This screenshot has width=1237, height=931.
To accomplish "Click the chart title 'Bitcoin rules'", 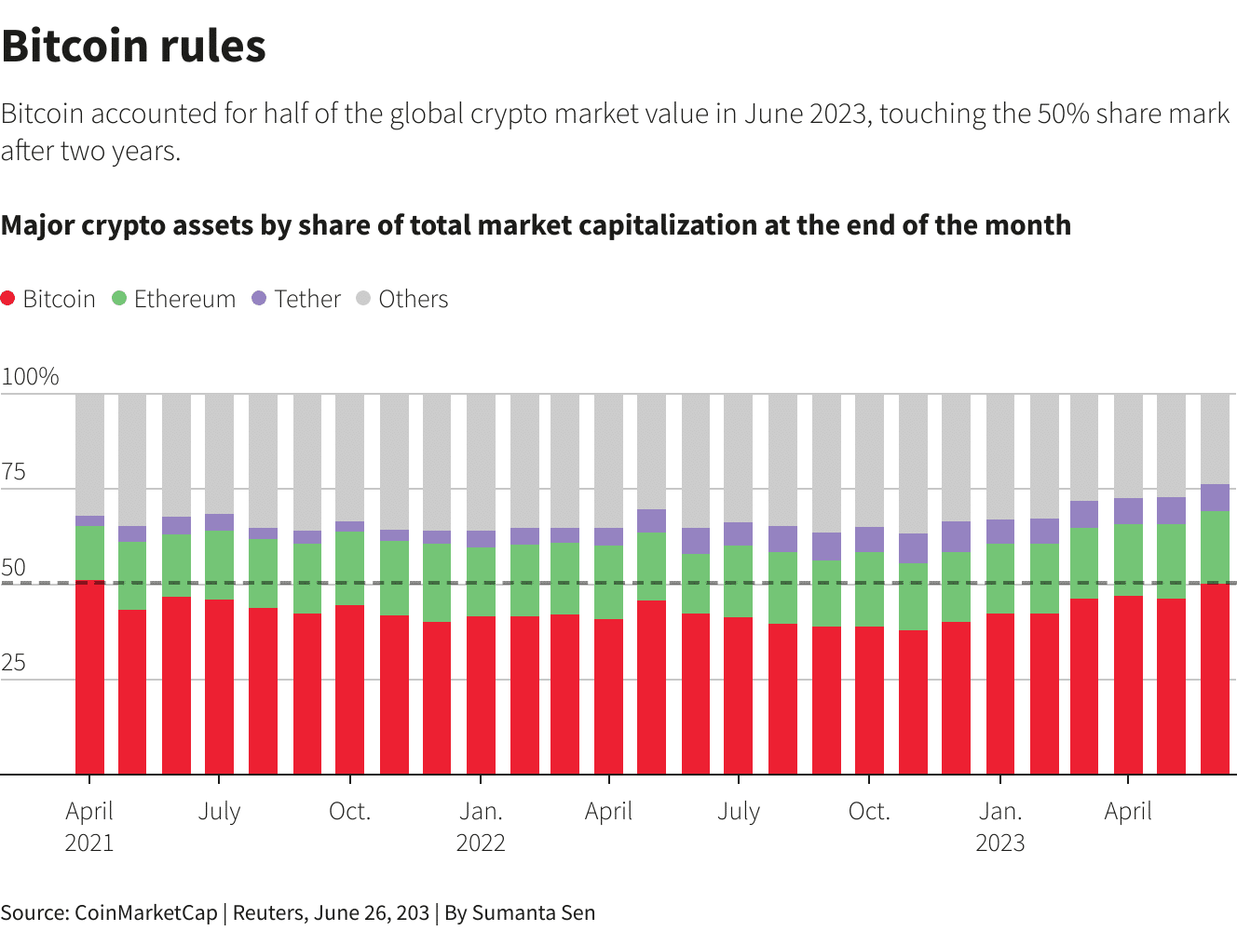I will coord(134,47).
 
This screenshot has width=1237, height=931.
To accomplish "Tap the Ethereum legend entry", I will coord(174,299).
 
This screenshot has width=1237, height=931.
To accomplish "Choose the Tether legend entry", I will coord(296,299).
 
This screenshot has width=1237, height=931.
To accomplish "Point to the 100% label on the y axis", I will coord(30,376).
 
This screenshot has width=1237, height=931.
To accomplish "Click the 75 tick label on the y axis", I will coord(14,472).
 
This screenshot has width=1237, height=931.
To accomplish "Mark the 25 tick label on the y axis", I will coord(14,663).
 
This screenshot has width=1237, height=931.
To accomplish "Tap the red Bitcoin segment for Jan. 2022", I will coord(481,695).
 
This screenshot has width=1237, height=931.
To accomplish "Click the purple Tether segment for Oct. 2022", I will coord(869,540).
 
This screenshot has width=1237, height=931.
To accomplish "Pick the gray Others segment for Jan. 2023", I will coord(1000,456).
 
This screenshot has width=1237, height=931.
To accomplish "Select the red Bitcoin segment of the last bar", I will coord(1215,680).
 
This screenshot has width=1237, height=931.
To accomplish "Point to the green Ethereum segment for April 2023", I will coord(1128,560).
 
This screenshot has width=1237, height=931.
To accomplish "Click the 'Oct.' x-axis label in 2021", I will coord(350,812).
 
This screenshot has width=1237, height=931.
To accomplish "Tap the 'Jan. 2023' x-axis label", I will coord(1000,827).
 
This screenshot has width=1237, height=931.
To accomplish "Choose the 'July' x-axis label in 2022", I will coord(739,812).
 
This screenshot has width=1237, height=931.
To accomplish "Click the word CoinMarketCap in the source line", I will coord(145,913).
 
